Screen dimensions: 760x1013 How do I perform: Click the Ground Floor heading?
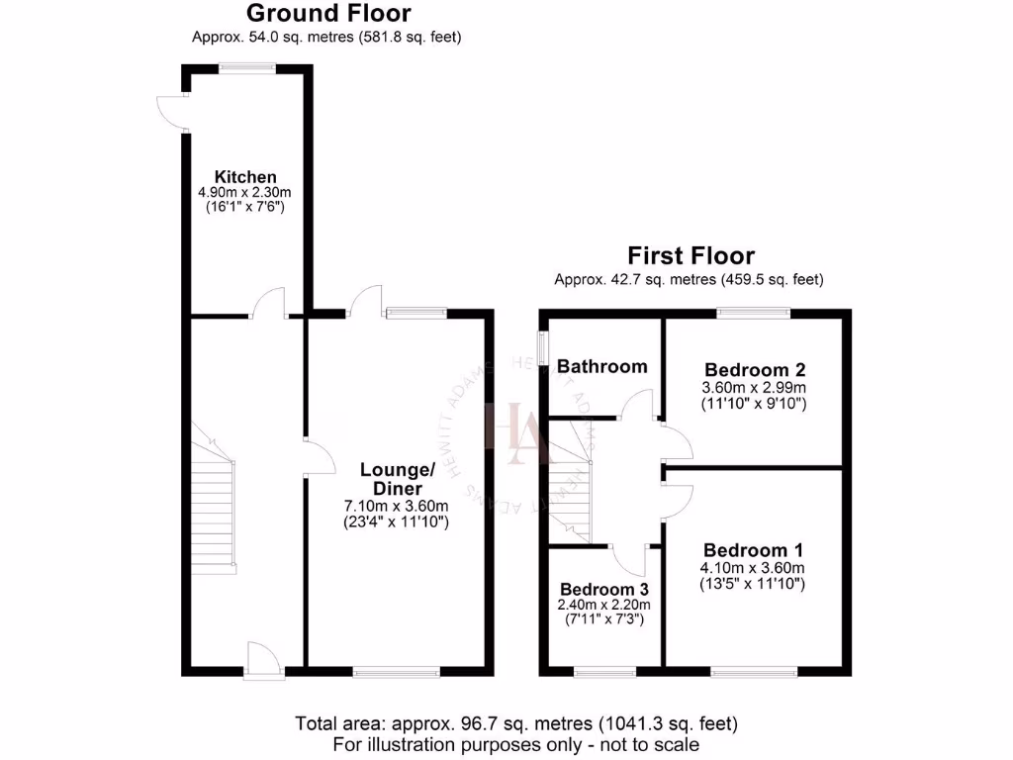pyautogui.click(x=327, y=13)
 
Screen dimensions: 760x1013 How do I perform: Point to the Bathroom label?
pyautogui.click(x=601, y=366)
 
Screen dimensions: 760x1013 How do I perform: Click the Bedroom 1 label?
pyautogui.click(x=754, y=550)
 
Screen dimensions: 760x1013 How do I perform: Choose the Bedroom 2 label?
pyautogui.click(x=754, y=369)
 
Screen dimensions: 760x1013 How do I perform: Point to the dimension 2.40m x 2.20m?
pyautogui.click(x=602, y=604)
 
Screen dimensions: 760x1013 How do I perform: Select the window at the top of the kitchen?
pyautogui.click(x=247, y=67)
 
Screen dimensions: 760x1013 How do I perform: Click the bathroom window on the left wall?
pyautogui.click(x=542, y=348)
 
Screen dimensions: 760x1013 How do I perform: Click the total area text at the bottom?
pyautogui.click(x=515, y=723)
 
